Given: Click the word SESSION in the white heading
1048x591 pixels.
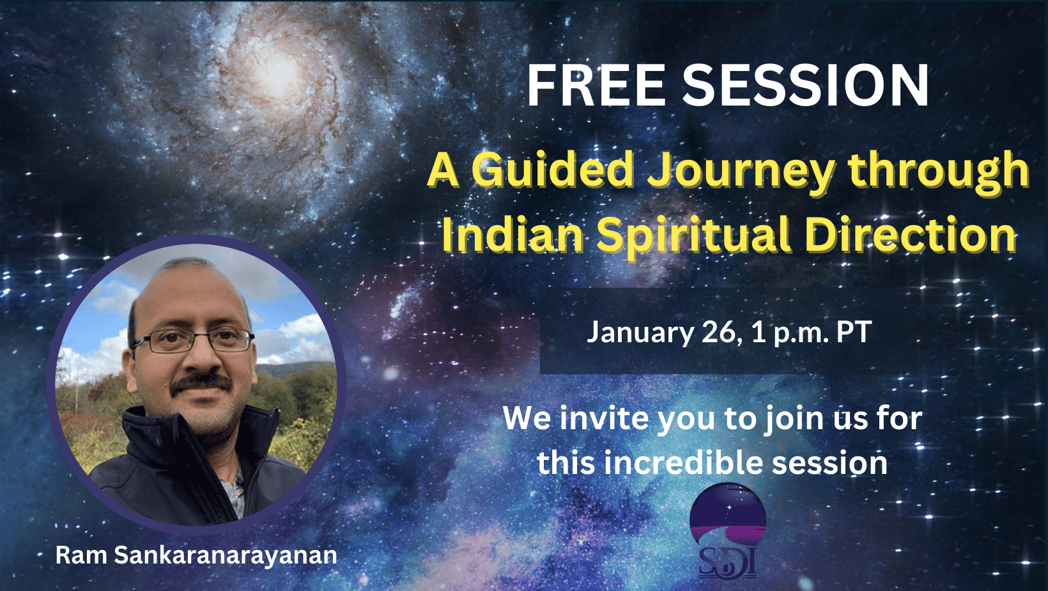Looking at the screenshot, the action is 805,85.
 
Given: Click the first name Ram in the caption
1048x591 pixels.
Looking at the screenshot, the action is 81,556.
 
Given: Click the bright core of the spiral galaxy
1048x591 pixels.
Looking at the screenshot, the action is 279,72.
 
